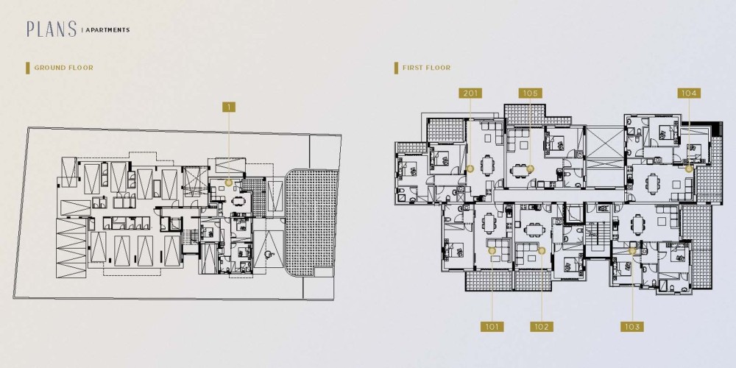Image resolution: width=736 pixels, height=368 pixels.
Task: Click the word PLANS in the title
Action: (x=52, y=29)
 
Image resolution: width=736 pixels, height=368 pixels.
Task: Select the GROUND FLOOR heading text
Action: (x=64, y=68)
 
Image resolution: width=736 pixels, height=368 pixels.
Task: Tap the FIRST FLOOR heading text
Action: (x=426, y=68)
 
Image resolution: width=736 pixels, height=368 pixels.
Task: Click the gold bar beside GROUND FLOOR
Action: (x=28, y=68)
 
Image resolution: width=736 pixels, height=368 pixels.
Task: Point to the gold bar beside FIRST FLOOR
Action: (x=396, y=68)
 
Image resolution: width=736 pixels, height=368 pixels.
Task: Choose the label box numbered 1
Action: (x=229, y=107)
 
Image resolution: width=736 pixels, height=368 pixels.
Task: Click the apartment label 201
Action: (x=470, y=93)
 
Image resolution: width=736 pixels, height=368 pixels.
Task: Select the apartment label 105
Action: (x=531, y=93)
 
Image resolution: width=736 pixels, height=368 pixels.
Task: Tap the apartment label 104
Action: (x=689, y=93)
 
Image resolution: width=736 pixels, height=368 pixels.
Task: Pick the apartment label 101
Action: (x=492, y=326)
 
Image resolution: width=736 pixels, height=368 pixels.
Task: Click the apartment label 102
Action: (x=541, y=326)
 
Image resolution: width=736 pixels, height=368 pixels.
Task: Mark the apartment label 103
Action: (x=631, y=326)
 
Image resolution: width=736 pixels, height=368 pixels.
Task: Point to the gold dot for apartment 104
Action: (x=689, y=169)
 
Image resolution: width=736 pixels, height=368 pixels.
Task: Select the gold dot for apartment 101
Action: (x=492, y=251)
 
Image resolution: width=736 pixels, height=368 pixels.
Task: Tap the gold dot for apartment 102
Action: (x=541, y=251)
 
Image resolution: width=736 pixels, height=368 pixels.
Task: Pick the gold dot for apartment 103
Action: (x=631, y=251)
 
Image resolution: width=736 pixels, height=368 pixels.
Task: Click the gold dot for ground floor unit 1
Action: (x=229, y=183)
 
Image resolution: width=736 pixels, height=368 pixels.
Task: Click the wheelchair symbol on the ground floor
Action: (x=269, y=255)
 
